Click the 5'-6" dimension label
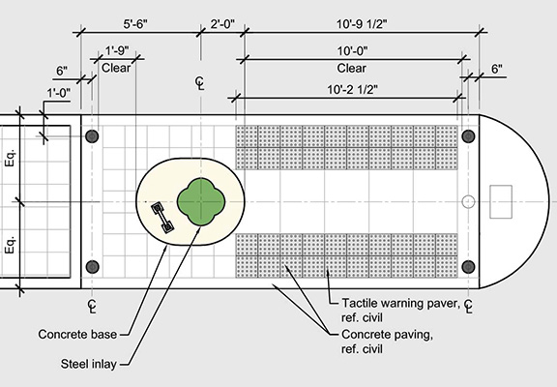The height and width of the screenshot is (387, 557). pos(135,24)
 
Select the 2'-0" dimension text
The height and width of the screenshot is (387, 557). pos(222,24)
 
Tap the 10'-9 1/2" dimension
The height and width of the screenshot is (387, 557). pos(362,24)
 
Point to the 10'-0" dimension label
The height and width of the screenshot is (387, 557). pos(352,51)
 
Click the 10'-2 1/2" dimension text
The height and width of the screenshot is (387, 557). pos(352,89)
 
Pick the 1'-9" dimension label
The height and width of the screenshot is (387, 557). pos(117,50)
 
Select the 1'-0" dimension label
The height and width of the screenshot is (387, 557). pos(59,93)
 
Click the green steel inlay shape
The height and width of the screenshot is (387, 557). pos(201,202)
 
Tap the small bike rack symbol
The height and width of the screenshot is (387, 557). pos(162,217)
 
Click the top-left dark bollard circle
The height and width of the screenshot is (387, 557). pos(92,136)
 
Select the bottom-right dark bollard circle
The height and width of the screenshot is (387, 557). pos(468,266)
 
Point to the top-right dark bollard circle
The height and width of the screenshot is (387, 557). pos(468,136)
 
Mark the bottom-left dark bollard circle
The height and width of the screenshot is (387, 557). pos(92,266)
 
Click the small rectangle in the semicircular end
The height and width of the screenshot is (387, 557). pos(501,201)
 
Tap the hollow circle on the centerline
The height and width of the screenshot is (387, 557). pos(468,202)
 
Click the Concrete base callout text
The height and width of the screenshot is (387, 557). pos(77,334)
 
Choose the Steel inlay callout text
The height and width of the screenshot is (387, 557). pos(88,364)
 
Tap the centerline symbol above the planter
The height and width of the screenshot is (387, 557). pos(200,83)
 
